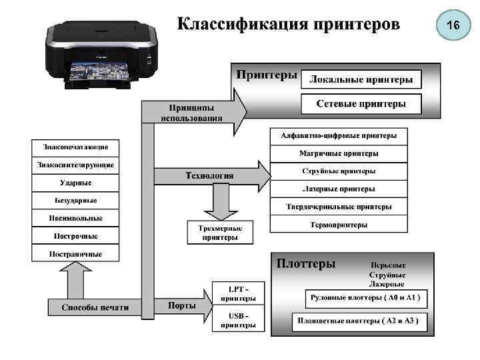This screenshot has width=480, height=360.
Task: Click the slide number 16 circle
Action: point(453,25)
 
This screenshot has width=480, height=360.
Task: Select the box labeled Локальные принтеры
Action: point(361,80)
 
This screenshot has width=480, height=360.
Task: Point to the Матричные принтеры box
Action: point(339,153)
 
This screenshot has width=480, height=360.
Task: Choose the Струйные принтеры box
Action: point(339,171)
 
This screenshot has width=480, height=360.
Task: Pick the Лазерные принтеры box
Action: point(339,189)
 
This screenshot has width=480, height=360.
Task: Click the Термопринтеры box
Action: point(339,225)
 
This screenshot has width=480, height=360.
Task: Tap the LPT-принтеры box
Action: point(238,293)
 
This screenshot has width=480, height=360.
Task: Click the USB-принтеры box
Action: point(238,320)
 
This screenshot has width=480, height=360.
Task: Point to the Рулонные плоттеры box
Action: point(368,297)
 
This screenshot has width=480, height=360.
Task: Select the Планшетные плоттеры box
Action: point(359,321)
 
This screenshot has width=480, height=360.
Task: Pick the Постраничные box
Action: point(75,253)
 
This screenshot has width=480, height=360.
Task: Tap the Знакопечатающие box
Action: point(75,147)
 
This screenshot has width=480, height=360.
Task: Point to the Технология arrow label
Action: point(209,175)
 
